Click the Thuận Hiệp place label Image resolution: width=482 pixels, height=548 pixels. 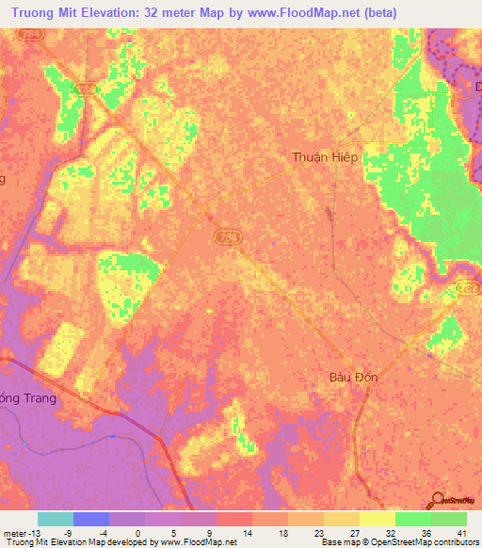pos(325,157)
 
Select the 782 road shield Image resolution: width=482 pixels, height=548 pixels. pos(467,288)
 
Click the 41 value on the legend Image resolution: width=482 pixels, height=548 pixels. pos(461,533)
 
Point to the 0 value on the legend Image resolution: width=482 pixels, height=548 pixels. pos(163,533)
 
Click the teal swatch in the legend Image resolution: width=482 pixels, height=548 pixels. pos(56,519)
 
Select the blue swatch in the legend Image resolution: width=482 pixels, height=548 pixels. pos(91,519)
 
